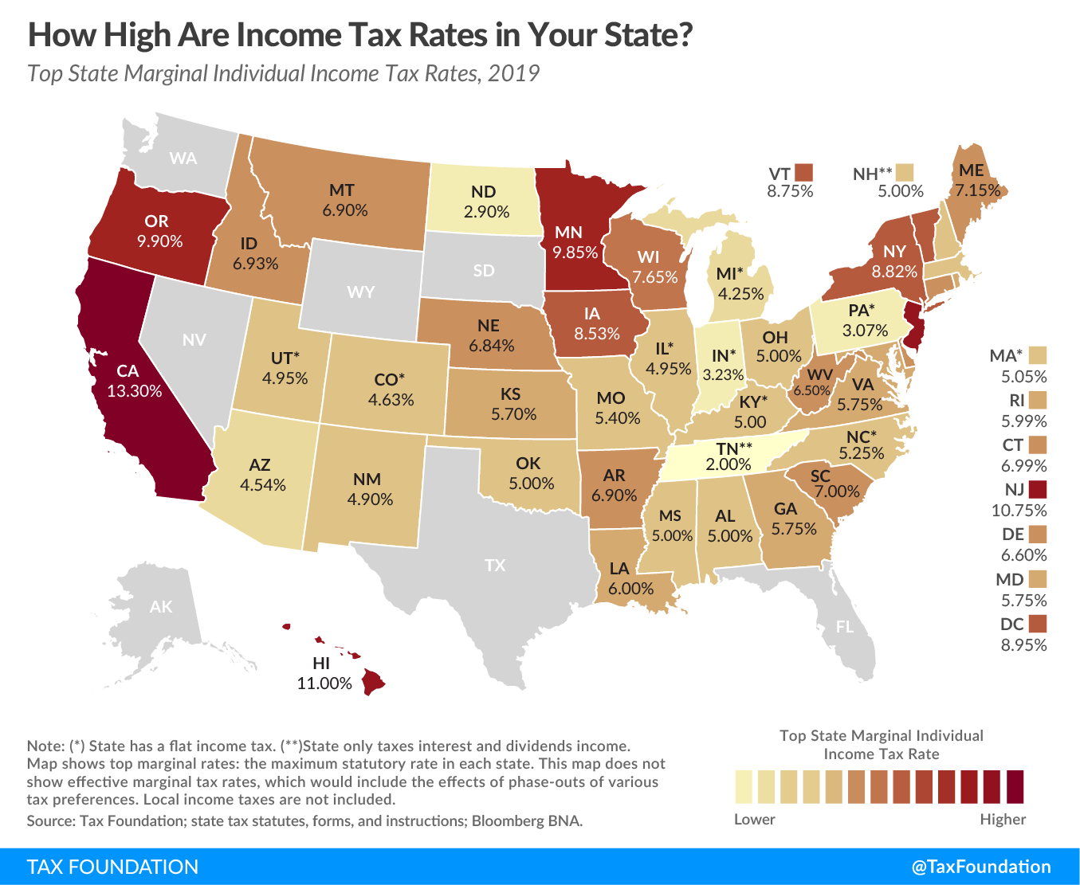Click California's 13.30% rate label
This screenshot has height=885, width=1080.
point(134,391)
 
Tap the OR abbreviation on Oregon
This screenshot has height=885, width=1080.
point(156,221)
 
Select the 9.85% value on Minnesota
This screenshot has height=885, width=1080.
point(575,253)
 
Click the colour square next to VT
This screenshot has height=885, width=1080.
point(803,172)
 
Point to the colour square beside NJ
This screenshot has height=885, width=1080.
point(1037,489)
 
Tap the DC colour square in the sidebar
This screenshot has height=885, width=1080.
point(1037,624)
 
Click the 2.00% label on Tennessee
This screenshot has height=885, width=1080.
point(729,464)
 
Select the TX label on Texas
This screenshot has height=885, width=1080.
point(495,566)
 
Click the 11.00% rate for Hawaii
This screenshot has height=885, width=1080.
point(324,683)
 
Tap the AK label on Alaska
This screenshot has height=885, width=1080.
point(161,607)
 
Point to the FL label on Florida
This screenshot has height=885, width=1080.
point(845,627)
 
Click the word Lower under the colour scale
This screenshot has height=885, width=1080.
point(754,819)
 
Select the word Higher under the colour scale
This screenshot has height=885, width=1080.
point(1003,819)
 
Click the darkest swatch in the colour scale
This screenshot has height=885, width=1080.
point(1015,787)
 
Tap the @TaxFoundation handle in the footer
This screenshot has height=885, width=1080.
point(981,867)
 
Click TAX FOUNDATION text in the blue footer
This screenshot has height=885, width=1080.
point(112,867)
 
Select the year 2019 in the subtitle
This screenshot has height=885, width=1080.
point(513,73)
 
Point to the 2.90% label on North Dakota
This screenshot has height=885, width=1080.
point(486,212)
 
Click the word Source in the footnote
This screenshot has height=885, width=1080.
point(49,820)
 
